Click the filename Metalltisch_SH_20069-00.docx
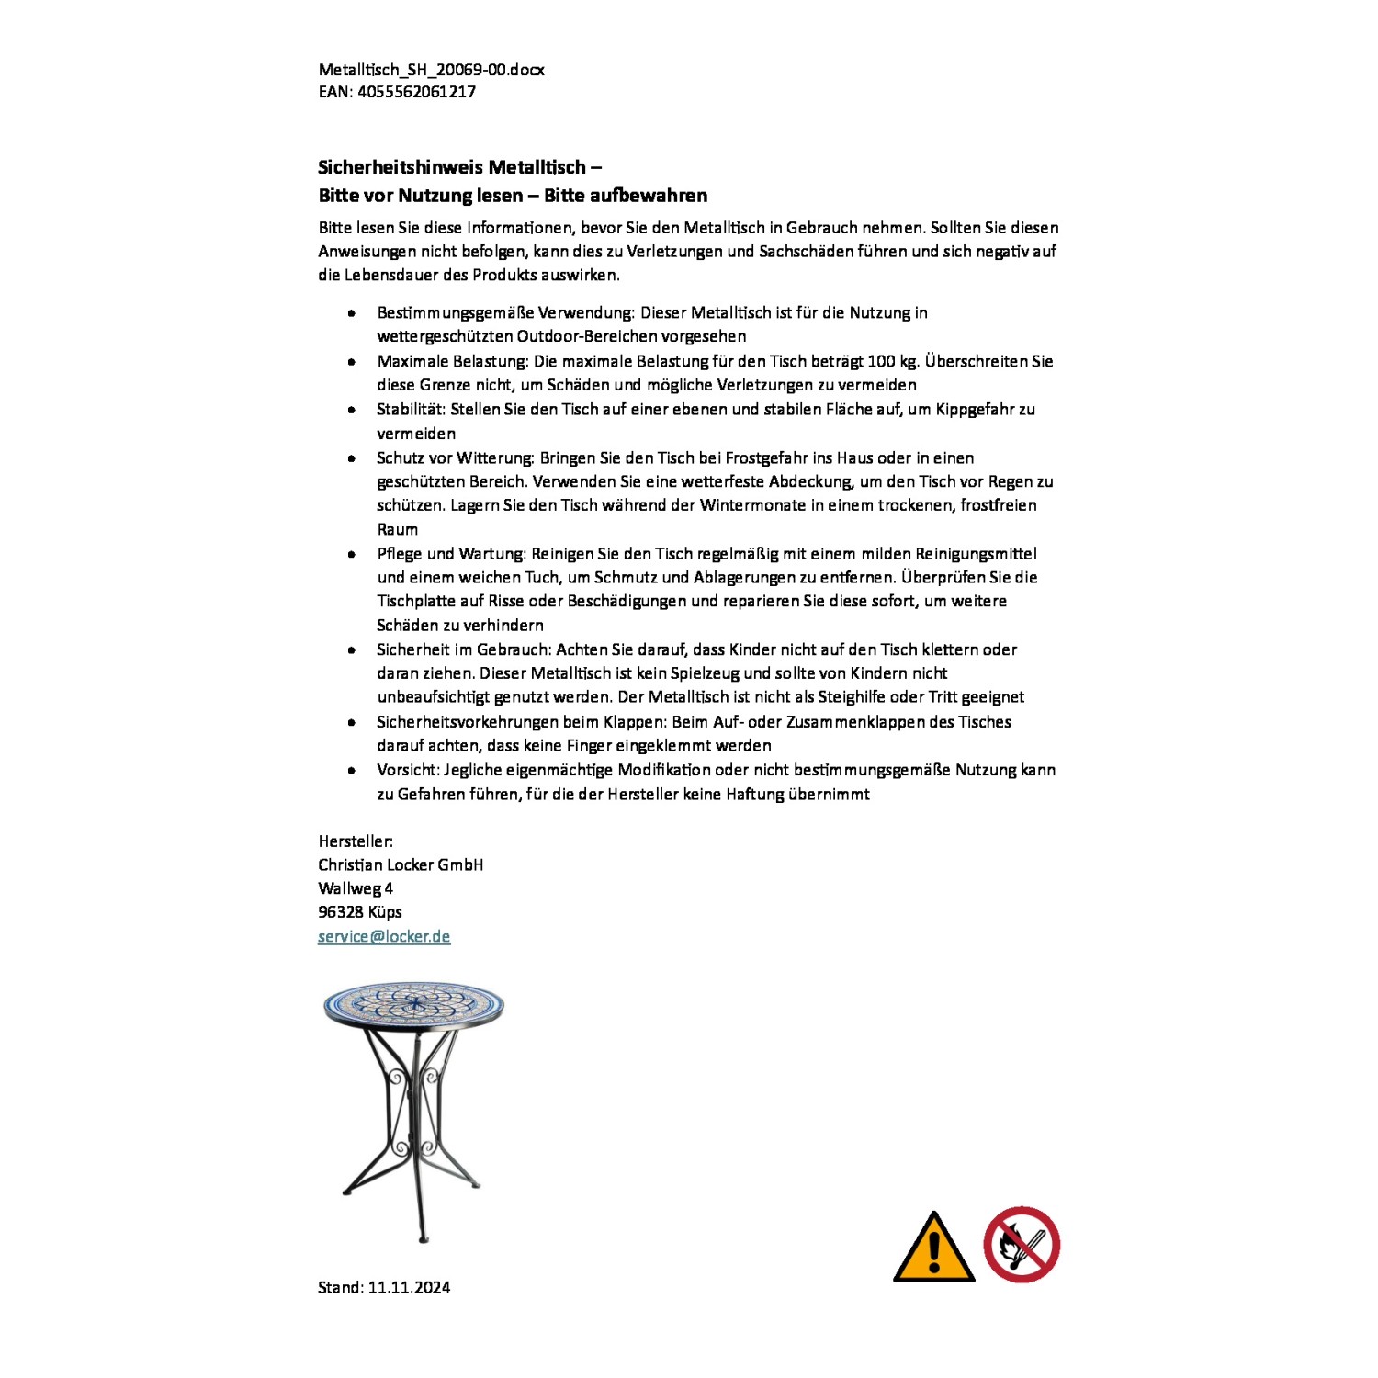(x=431, y=70)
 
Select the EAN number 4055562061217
(x=416, y=92)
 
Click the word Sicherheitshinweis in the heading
(x=401, y=167)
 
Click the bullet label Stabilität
(x=411, y=410)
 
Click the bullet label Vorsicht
(x=407, y=770)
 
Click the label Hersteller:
(x=356, y=841)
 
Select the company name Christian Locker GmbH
(x=401, y=865)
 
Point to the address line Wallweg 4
(x=356, y=888)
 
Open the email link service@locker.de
(x=384, y=937)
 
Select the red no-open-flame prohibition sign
(x=1022, y=1245)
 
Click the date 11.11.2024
(x=409, y=1288)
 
